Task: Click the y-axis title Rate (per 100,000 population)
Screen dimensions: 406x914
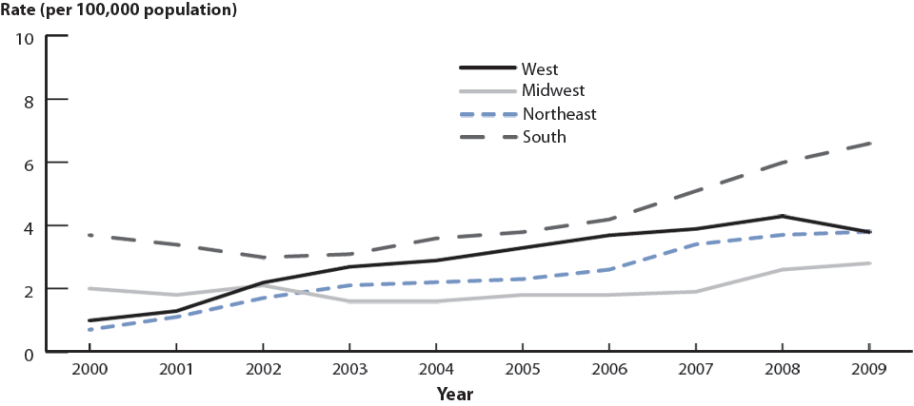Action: [x=119, y=10]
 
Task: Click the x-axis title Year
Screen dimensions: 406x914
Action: [x=455, y=393]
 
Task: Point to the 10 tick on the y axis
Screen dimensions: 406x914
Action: [x=25, y=38]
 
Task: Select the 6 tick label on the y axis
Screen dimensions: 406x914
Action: [x=29, y=164]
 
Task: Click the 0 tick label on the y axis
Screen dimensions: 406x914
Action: [x=29, y=353]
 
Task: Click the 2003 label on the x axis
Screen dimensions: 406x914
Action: [x=349, y=370]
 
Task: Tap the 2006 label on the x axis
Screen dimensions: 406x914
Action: [x=609, y=370]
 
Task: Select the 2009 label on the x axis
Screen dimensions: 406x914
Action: [x=868, y=370]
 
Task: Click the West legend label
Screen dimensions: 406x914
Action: [x=539, y=68]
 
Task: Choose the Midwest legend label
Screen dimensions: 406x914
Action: [x=552, y=91]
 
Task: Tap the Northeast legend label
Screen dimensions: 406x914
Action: [x=559, y=114]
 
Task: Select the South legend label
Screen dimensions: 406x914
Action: [x=544, y=137]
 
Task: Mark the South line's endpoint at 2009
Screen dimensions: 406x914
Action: [x=868, y=144]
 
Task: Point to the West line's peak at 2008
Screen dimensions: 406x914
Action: [x=782, y=216]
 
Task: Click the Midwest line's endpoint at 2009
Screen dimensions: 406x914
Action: [x=868, y=263]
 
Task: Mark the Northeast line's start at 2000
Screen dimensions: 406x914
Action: [x=89, y=330]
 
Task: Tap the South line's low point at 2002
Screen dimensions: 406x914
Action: [x=263, y=258]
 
